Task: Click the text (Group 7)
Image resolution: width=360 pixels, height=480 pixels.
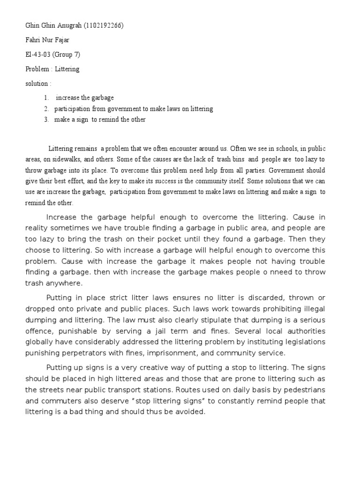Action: pos(67,54)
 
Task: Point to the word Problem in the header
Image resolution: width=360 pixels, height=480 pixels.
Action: pos(37,69)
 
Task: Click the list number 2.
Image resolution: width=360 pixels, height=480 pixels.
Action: pos(46,109)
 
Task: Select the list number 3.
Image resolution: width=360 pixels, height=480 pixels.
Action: pos(46,120)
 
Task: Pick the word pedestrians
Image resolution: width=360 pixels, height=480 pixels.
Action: pos(303,390)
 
